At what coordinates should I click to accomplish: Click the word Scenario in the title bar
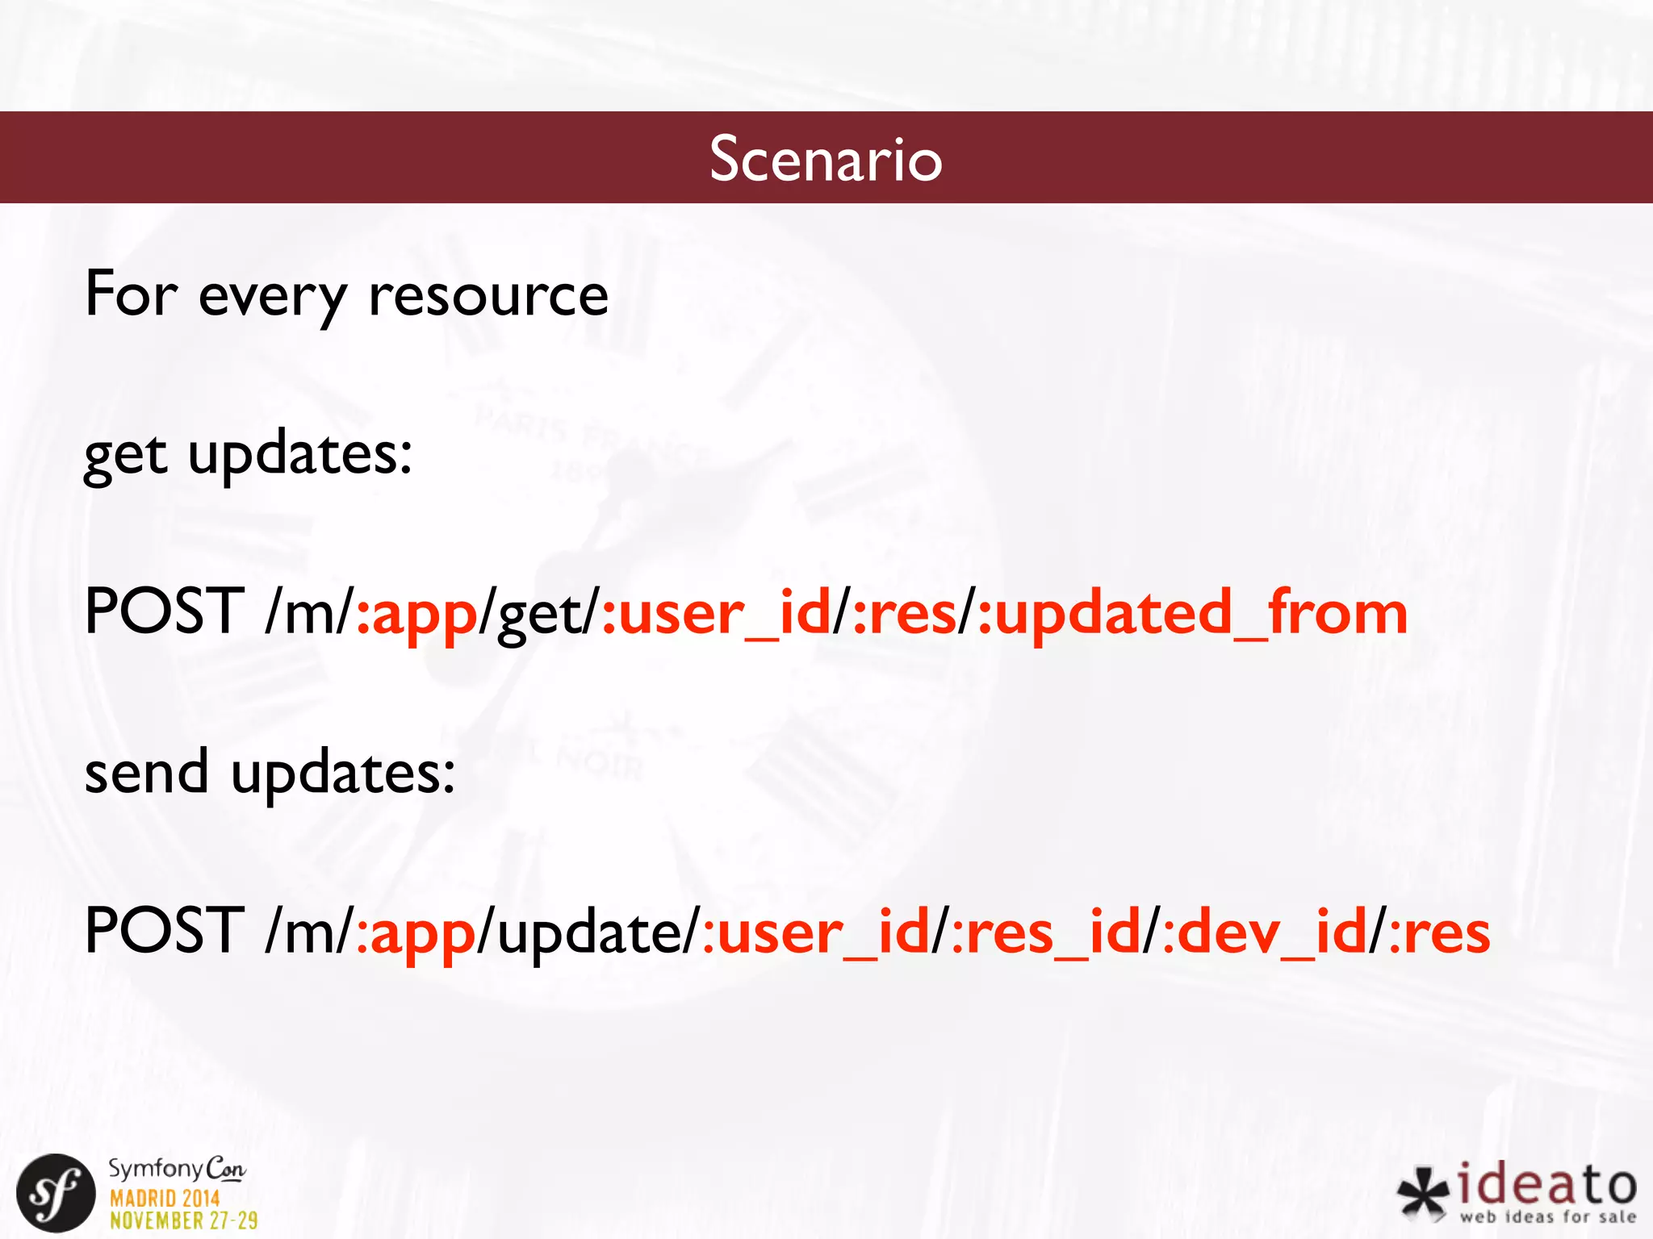click(x=826, y=159)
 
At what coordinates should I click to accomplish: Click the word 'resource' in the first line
click(x=488, y=295)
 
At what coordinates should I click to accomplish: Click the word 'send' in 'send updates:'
click(x=147, y=773)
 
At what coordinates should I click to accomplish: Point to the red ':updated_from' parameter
click(x=1192, y=614)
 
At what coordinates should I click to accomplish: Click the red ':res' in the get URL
click(x=904, y=614)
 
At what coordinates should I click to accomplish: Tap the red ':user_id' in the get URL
click(x=717, y=614)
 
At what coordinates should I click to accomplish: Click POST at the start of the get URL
click(x=164, y=612)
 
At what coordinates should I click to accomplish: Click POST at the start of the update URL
click(x=164, y=931)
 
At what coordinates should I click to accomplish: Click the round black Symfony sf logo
click(x=55, y=1192)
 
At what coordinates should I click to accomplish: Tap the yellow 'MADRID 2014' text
click(x=165, y=1198)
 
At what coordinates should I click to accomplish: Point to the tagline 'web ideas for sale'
click(x=1547, y=1217)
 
